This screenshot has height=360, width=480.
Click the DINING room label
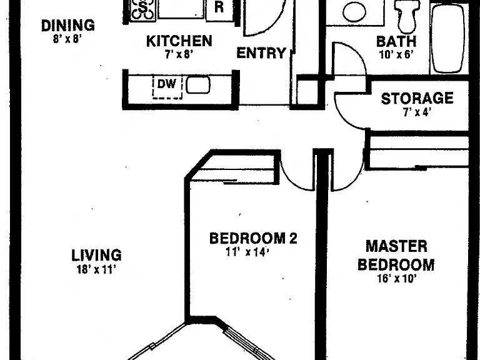[x=68, y=26]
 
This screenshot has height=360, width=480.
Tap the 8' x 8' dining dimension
[x=67, y=39]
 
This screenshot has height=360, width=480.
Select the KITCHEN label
[x=179, y=41]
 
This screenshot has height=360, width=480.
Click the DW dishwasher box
[x=167, y=87]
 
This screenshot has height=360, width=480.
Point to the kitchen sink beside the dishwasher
[x=197, y=85]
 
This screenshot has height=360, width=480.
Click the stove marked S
[x=142, y=10]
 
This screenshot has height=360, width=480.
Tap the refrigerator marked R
[x=219, y=9]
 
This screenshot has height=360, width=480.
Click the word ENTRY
[x=261, y=53]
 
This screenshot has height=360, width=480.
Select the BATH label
[x=396, y=41]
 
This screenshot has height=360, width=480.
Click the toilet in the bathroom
[x=407, y=15]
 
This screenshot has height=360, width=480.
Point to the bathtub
[x=447, y=38]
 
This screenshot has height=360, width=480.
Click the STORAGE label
[x=417, y=99]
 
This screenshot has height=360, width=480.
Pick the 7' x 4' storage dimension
[x=417, y=112]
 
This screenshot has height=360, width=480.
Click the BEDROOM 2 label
[x=253, y=238]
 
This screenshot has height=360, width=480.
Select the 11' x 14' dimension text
[x=247, y=252]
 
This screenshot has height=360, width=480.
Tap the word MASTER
[x=396, y=246]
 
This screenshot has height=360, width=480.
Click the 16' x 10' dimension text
[x=397, y=279]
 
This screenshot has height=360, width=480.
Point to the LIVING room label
[x=96, y=255]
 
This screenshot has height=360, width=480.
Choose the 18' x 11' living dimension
[x=96, y=269]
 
